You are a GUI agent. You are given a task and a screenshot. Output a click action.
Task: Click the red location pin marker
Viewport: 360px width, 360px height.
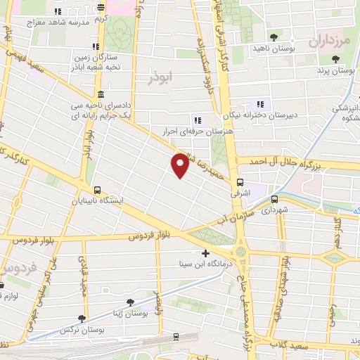[181, 165]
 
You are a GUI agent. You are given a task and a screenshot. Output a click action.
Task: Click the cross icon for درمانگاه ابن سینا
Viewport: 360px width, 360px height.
[205, 253]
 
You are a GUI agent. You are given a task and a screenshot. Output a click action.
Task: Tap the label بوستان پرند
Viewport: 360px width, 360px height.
[334, 71]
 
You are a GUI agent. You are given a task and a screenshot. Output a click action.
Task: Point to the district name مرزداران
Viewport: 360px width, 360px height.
[329, 41]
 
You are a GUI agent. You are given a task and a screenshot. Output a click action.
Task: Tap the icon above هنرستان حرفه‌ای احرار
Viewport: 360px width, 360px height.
[197, 119]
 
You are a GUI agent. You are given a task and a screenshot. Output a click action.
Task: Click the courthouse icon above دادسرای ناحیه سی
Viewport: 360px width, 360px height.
[101, 94]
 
